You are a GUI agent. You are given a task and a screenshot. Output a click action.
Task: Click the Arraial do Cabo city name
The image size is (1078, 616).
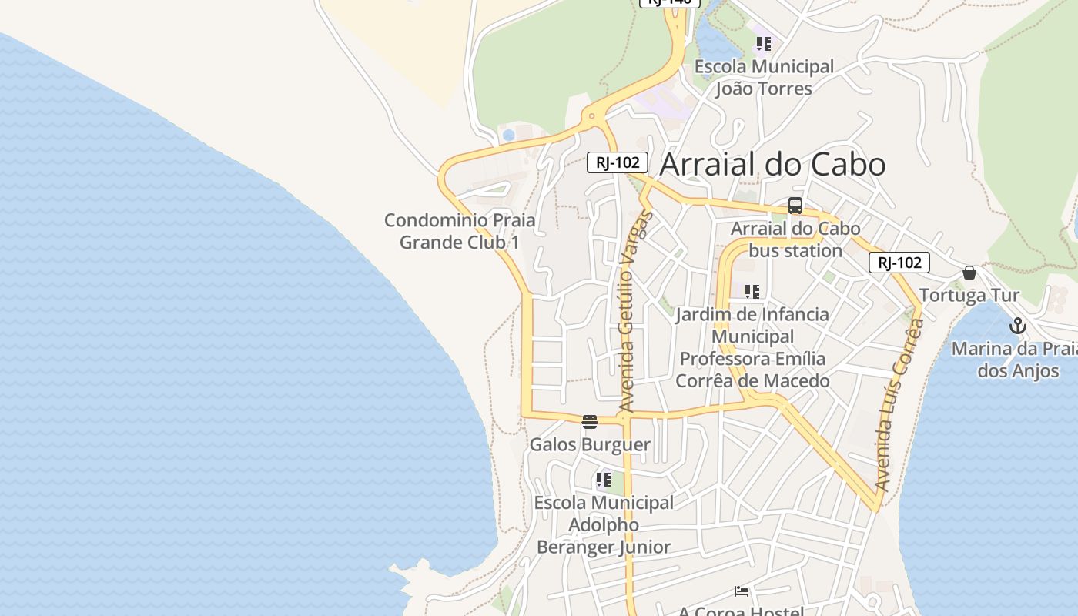[772, 164]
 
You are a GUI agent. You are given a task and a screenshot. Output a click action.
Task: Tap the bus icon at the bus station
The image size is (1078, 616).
[795, 206]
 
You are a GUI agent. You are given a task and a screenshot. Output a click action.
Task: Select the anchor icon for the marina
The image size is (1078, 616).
[1018, 326]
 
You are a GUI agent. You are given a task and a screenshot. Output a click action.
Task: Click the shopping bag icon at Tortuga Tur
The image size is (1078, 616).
[969, 273]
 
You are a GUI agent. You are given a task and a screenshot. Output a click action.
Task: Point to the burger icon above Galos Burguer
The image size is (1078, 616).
[590, 421]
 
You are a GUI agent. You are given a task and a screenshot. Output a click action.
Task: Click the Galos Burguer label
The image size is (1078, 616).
[590, 444]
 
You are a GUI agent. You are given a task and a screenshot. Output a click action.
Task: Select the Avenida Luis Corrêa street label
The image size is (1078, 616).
[899, 405]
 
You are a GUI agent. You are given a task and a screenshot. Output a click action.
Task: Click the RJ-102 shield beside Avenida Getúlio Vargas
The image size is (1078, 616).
[618, 162]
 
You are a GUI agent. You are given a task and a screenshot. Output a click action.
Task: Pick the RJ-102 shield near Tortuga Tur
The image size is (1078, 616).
[899, 263]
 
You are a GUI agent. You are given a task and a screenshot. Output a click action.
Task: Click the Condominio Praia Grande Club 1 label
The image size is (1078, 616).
[460, 231]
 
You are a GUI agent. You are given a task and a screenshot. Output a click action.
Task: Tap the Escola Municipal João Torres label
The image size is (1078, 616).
[764, 78]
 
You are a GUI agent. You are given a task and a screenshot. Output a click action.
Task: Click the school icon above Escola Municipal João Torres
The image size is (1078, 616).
[763, 44]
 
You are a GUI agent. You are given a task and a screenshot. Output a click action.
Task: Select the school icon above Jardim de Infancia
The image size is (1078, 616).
[752, 292]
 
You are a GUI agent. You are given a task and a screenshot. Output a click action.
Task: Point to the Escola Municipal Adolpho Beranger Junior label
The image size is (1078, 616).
[604, 524]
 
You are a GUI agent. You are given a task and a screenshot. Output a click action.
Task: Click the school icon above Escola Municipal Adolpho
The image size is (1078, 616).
[604, 480]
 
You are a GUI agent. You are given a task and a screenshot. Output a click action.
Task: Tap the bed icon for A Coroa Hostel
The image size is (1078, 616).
[742, 591]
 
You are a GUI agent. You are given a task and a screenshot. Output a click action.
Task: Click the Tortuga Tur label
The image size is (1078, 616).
[969, 295]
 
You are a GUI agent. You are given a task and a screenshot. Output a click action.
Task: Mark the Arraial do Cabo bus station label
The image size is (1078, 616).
[795, 239]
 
